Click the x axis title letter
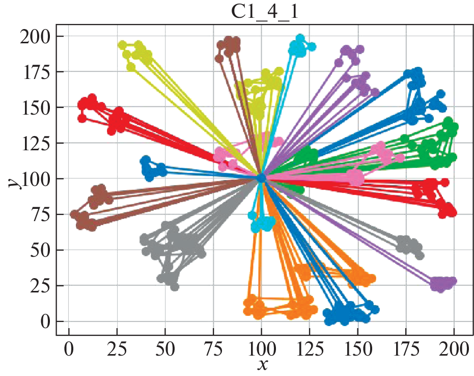pyautogui.click(x=263, y=365)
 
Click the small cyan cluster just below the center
pyautogui.click(x=261, y=222)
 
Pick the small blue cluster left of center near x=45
pyautogui.click(x=152, y=169)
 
